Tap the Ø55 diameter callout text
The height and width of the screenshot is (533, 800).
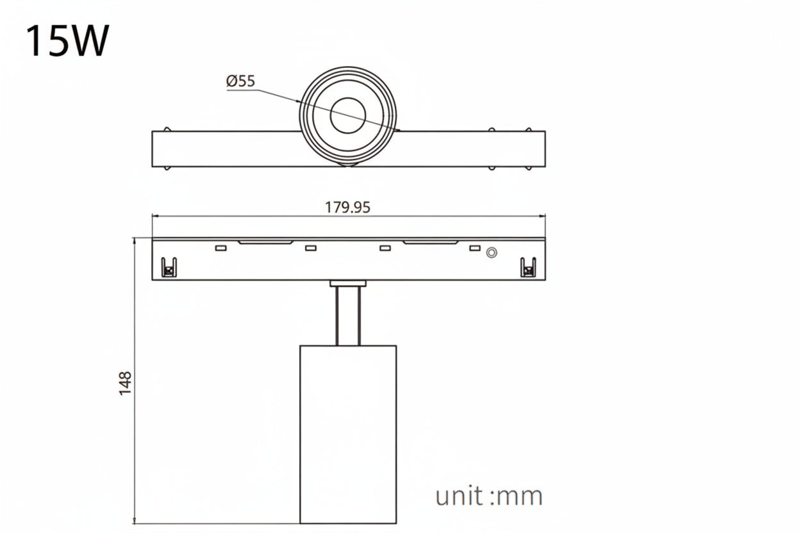[x=240, y=81]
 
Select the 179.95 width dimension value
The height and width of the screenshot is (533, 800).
[x=348, y=208]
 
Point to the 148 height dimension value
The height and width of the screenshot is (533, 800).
[x=126, y=382]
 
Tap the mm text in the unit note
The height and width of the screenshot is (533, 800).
[x=520, y=497]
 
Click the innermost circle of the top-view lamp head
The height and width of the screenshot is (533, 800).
[x=348, y=115]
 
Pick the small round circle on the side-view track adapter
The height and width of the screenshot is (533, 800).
[x=492, y=252]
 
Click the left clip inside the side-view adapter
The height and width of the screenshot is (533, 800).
[x=169, y=267]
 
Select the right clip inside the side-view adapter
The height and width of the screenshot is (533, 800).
[x=528, y=267]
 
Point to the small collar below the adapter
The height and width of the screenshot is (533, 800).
[x=348, y=283]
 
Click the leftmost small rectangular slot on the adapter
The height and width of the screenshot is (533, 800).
[x=221, y=248]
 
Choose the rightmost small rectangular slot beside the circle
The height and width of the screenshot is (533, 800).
[x=475, y=248]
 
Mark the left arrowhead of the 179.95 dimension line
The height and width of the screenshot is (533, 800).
[x=154, y=217]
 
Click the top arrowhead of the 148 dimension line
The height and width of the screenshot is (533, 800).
[x=135, y=240]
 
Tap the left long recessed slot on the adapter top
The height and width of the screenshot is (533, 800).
[x=265, y=242]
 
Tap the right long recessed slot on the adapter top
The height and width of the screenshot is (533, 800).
[x=431, y=242]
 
